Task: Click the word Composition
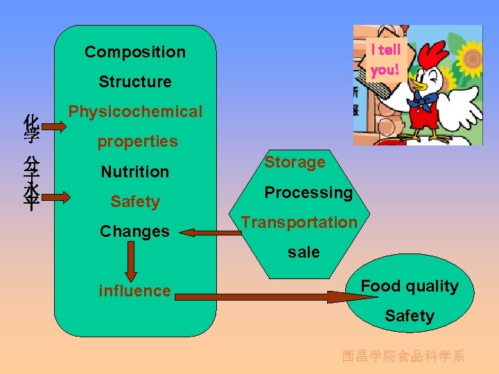(135, 52)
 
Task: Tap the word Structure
(135, 82)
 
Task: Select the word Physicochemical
(135, 112)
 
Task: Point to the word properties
(137, 142)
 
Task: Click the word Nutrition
(135, 172)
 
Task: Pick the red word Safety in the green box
(135, 202)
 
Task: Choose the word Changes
(134, 231)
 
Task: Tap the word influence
(134, 291)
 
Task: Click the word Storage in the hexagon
(295, 163)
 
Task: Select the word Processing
(308, 193)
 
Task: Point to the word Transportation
(299, 222)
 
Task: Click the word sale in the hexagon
(304, 252)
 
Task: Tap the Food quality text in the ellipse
(410, 286)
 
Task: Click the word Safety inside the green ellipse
(410, 317)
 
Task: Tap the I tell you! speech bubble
(385, 60)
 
